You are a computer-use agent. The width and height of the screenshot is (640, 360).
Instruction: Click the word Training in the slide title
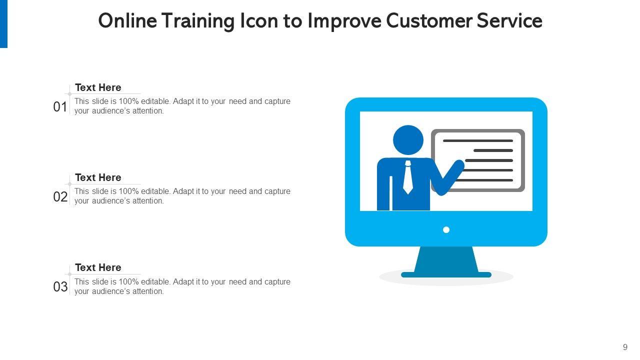(x=197, y=21)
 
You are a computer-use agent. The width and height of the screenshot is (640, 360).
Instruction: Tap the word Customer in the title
(x=429, y=21)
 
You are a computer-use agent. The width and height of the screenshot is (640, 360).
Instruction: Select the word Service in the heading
(x=509, y=21)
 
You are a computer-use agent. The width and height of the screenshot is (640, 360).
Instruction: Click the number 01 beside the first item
(x=60, y=107)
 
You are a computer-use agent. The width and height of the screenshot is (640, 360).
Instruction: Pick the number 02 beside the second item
(x=60, y=197)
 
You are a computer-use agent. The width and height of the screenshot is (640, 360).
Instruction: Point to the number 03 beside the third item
(x=60, y=287)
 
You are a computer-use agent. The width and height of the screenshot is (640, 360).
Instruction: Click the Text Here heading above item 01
(x=98, y=87)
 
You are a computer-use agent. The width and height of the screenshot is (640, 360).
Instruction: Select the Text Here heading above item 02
(x=98, y=177)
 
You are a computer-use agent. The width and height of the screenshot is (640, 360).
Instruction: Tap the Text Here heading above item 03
(x=98, y=267)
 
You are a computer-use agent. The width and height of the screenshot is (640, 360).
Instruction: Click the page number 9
(x=625, y=347)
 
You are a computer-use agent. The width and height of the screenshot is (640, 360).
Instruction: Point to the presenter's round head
(x=408, y=140)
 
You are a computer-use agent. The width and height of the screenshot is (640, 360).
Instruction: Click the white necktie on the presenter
(x=407, y=177)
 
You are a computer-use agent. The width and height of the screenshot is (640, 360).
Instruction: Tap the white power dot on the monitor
(x=446, y=229)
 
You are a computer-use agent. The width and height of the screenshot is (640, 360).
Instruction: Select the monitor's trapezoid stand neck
(x=446, y=259)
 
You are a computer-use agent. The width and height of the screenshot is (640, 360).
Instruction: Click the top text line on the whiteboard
(x=478, y=141)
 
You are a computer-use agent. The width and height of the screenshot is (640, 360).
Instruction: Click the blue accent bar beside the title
(x=3, y=24)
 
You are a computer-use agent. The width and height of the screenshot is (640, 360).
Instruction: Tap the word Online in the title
(x=127, y=21)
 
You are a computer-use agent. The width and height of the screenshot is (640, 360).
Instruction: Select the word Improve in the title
(x=344, y=21)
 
